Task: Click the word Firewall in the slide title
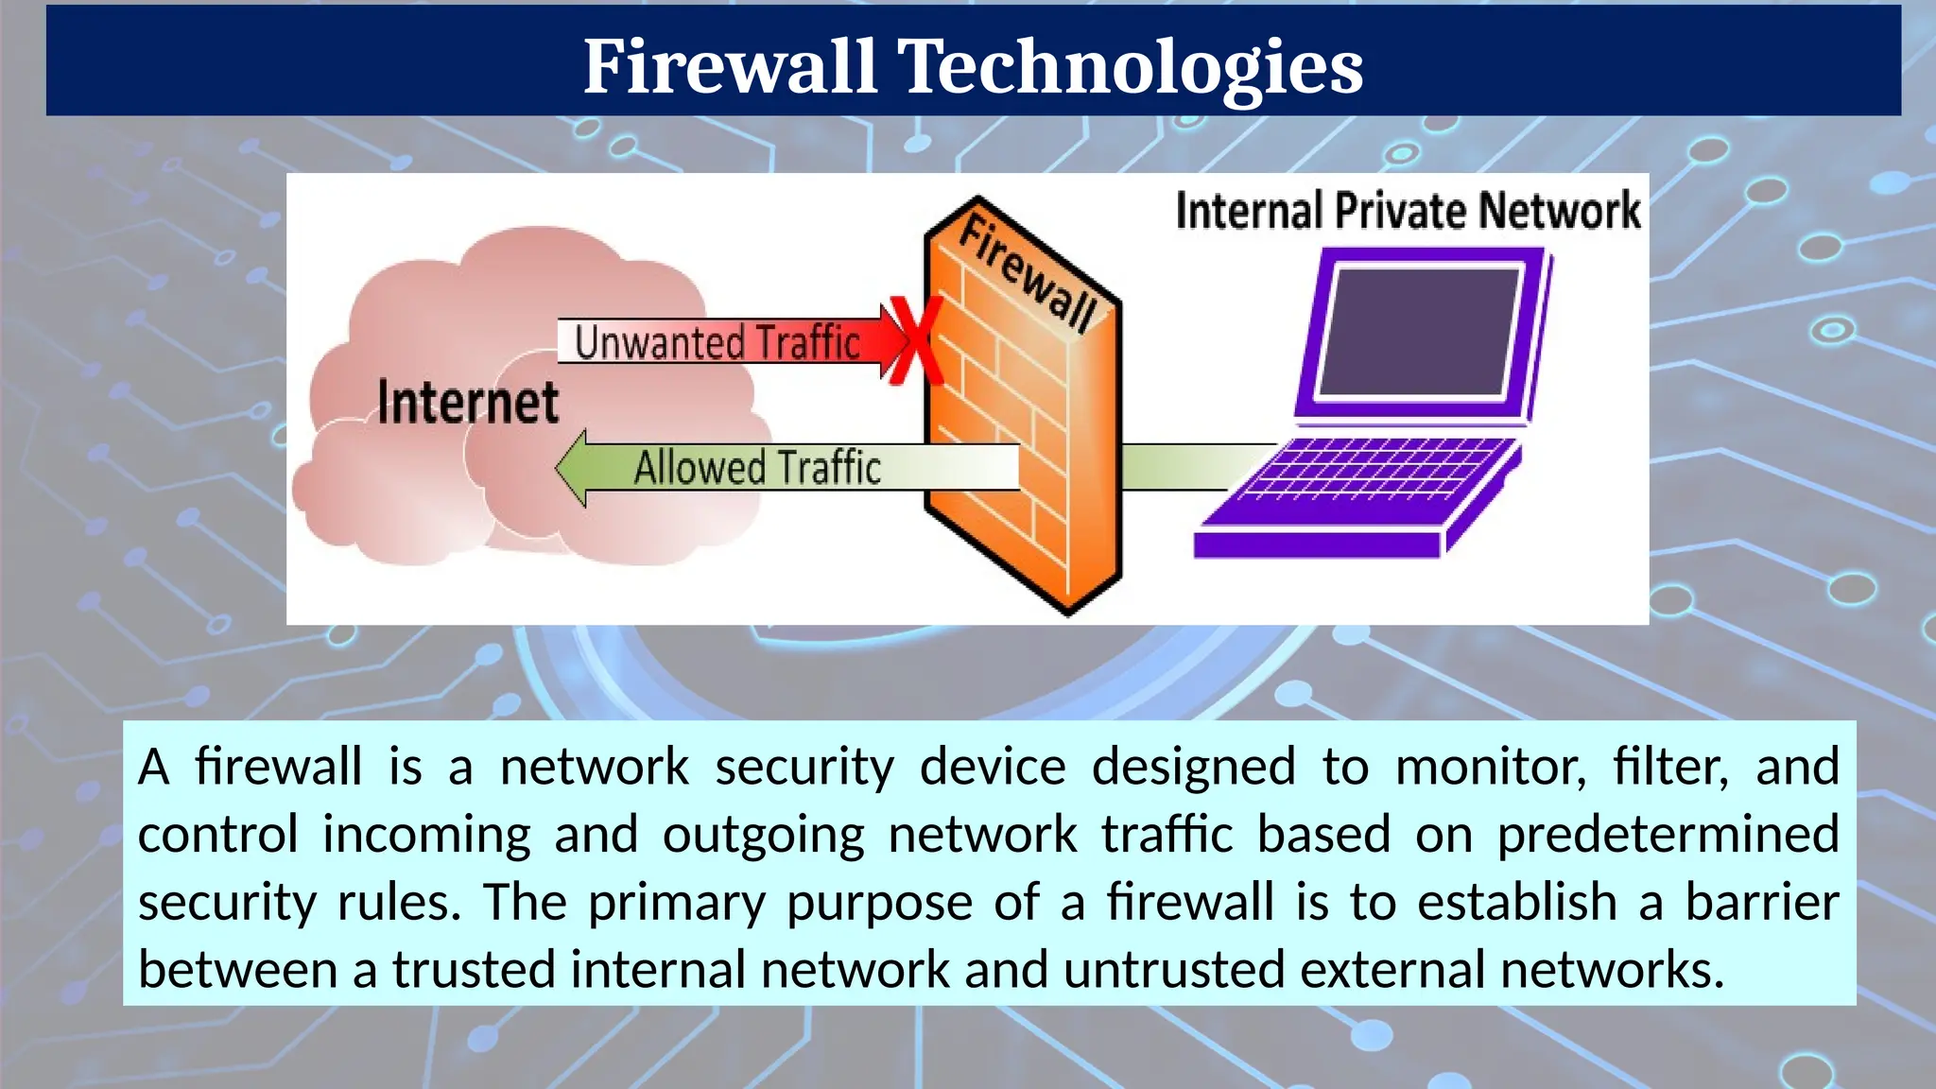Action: click(729, 66)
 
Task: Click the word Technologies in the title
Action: click(1130, 66)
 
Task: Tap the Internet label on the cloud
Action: click(468, 402)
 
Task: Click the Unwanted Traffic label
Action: click(717, 342)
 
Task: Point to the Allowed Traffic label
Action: click(756, 468)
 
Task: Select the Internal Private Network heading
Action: click(1408, 210)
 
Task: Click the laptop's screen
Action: click(1418, 331)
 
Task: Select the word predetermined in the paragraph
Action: click(1668, 835)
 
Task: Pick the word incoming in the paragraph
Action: click(426, 835)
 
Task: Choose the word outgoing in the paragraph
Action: click(763, 835)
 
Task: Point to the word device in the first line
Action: click(993, 767)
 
